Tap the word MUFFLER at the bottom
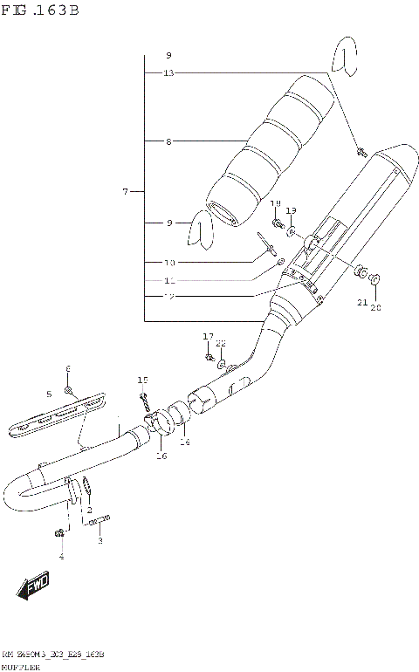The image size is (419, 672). pos(19,665)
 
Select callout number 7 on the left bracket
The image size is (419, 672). pos(126,191)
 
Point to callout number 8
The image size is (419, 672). pos(168,140)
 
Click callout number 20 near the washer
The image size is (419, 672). pos(377,306)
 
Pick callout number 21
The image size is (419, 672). pos(361,302)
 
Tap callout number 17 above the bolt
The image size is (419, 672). pos(208,336)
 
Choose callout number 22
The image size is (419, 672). pos(221,343)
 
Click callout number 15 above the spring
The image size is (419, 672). pos(142,380)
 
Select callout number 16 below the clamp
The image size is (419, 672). pos(161,456)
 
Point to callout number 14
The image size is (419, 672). pos(184,443)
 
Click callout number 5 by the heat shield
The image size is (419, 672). pos(49,394)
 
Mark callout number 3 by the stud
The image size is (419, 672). pos(100,541)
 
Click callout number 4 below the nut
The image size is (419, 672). pos(61,556)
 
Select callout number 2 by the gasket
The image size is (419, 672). pos(88,509)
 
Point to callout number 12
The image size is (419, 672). pos(168,297)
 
